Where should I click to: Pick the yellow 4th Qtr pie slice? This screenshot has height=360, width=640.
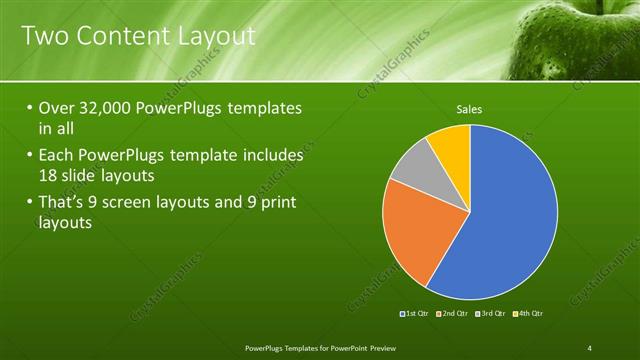[452, 145]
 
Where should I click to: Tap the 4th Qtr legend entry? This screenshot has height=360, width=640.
[529, 314]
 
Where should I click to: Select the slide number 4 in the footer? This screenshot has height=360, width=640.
[590, 347]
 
